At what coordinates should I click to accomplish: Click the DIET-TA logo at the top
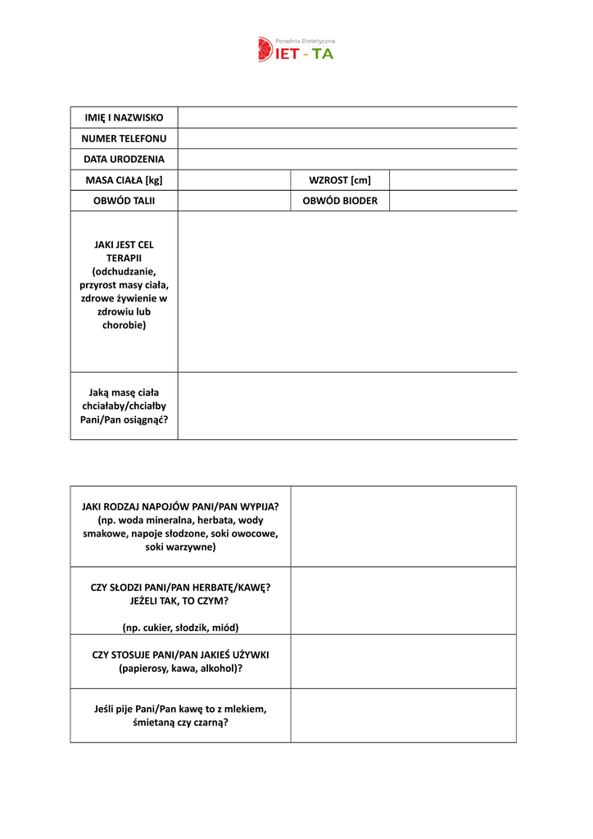296,50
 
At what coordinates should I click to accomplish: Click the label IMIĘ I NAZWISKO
124,118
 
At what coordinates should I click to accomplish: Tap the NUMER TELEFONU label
124,138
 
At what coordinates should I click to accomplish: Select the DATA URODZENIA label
124,159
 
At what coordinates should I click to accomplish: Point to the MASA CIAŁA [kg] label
124,180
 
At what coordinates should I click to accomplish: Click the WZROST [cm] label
340,180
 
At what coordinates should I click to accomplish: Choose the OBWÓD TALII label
124,201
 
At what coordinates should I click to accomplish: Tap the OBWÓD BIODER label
340,201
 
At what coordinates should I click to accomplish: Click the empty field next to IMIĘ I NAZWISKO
347,118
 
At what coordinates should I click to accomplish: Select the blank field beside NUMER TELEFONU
347,138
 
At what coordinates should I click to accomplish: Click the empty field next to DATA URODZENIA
347,159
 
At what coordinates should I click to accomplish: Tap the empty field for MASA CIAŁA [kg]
234,180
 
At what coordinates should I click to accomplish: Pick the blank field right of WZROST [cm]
453,180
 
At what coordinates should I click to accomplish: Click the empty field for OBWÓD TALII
234,201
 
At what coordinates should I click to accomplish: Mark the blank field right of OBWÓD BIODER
453,201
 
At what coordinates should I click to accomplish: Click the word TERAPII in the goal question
124,258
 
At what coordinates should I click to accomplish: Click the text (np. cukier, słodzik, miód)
180,628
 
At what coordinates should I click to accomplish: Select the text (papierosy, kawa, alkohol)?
180,669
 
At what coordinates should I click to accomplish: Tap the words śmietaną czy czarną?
180,723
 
